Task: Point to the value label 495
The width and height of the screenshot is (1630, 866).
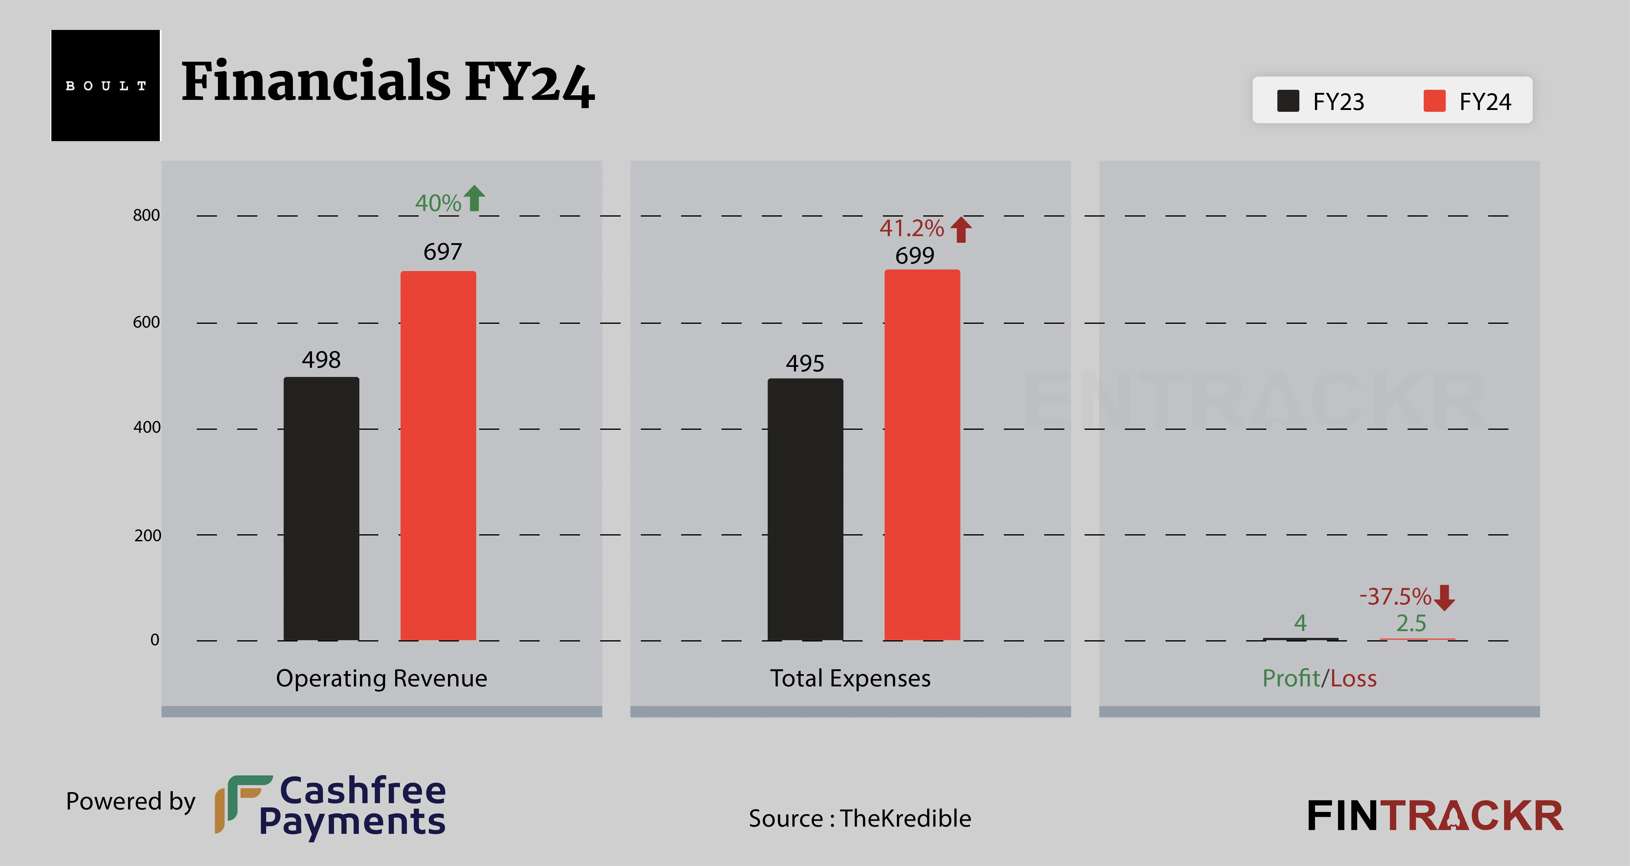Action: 805,363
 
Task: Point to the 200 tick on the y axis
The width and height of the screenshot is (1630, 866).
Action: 147,536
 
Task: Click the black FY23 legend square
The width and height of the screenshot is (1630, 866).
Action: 1288,100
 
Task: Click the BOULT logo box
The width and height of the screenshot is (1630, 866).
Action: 106,86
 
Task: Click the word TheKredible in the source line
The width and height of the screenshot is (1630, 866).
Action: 905,819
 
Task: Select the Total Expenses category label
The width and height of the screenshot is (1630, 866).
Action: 850,678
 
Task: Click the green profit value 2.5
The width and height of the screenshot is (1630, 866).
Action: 1411,624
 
